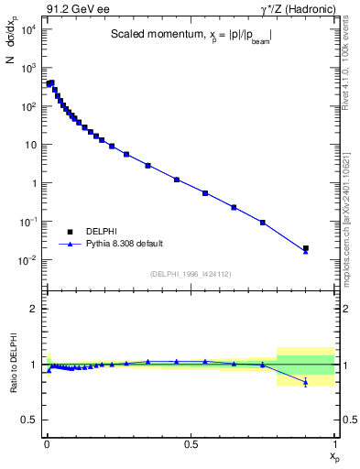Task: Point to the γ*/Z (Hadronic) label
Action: tap(298, 9)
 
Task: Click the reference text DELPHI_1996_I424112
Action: tap(190, 273)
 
